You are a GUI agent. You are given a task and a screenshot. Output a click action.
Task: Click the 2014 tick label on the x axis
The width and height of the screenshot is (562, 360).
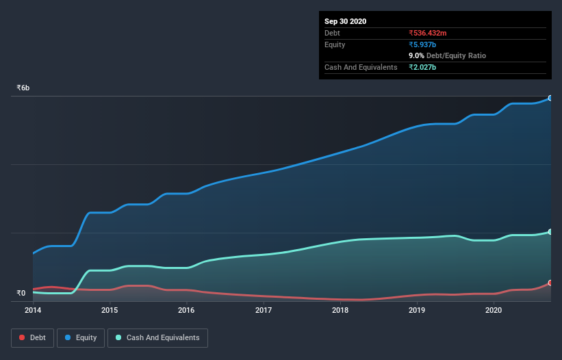coord(33,310)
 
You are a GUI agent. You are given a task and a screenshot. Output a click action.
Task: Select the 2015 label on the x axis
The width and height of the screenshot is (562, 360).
coord(110,310)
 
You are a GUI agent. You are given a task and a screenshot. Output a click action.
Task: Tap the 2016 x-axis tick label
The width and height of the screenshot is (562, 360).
coord(186,310)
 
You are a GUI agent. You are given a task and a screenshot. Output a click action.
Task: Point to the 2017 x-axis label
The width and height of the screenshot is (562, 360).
coord(264,310)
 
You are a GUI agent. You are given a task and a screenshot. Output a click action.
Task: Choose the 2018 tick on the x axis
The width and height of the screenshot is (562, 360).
coord(340,310)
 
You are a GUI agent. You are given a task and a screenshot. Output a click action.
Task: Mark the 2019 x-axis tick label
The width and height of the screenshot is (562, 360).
coord(417,310)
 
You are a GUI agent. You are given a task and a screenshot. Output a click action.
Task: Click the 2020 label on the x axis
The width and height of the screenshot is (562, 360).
coord(494,310)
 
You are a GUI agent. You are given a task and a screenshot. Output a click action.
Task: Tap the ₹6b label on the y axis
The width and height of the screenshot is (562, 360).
coord(23,88)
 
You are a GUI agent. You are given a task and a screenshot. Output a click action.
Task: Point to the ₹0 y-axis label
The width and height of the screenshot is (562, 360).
coord(21,294)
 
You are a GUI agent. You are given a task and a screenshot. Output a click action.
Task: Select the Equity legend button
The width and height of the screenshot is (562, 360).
coord(81,337)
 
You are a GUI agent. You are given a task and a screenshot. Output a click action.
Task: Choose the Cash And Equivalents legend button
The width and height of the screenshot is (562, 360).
coord(157,337)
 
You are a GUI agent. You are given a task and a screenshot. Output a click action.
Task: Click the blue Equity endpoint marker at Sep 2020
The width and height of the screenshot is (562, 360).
coord(550,99)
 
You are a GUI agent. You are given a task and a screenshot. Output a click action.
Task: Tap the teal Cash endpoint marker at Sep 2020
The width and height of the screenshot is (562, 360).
coord(550,232)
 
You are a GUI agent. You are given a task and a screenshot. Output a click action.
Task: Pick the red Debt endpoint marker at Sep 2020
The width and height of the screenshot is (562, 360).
coord(550,283)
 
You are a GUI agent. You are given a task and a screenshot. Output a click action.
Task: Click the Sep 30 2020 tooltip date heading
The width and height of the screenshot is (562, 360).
coord(346,21)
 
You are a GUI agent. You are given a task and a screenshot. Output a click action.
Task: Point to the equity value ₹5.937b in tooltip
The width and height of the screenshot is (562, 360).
coord(422,44)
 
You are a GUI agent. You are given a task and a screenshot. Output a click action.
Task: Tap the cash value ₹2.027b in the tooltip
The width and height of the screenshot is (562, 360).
coord(422,67)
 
